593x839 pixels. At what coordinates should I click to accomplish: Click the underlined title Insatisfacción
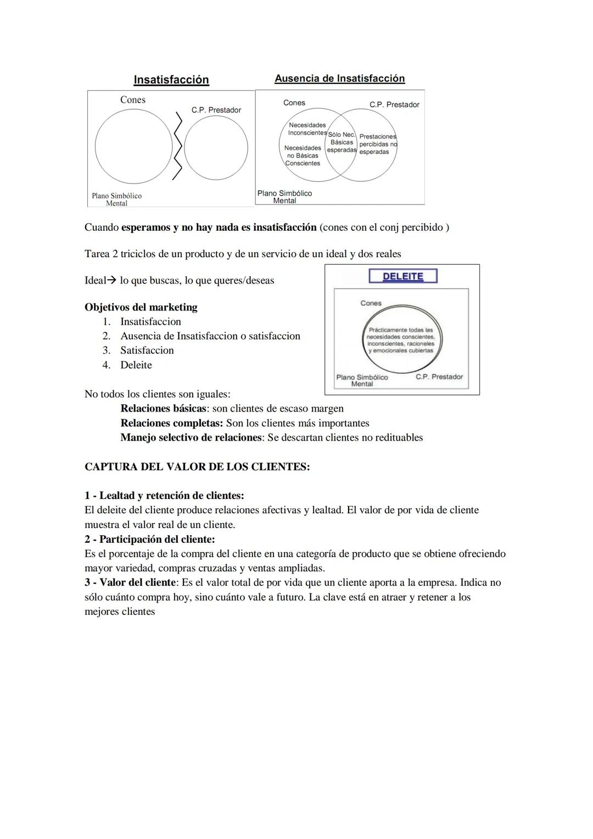(x=171, y=80)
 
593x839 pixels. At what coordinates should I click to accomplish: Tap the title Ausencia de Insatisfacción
(x=339, y=79)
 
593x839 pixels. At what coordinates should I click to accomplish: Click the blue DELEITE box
(x=402, y=276)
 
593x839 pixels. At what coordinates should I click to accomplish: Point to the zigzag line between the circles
(x=177, y=146)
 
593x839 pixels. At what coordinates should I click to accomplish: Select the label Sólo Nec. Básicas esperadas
(x=342, y=142)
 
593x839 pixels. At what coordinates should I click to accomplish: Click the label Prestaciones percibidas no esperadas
(x=377, y=144)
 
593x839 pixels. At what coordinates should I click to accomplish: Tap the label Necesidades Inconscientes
(x=307, y=129)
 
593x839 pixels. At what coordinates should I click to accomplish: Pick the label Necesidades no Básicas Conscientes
(x=303, y=155)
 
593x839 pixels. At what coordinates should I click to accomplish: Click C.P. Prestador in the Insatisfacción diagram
(x=216, y=110)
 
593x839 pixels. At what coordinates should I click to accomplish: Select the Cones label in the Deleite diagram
(x=371, y=303)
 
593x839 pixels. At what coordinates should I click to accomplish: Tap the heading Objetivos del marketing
(x=141, y=307)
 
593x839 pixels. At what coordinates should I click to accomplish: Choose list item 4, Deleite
(x=136, y=365)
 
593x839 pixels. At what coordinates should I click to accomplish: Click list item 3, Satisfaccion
(x=147, y=351)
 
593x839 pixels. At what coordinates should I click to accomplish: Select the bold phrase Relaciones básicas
(x=163, y=408)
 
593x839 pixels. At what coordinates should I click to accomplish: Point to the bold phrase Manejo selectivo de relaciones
(x=191, y=437)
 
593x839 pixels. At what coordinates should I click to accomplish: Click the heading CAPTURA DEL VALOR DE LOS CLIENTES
(x=197, y=467)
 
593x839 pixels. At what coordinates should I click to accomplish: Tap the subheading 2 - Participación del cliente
(x=149, y=539)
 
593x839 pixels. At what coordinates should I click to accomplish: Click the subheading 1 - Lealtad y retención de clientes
(x=164, y=496)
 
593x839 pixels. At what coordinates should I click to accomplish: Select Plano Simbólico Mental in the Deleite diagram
(x=362, y=380)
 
